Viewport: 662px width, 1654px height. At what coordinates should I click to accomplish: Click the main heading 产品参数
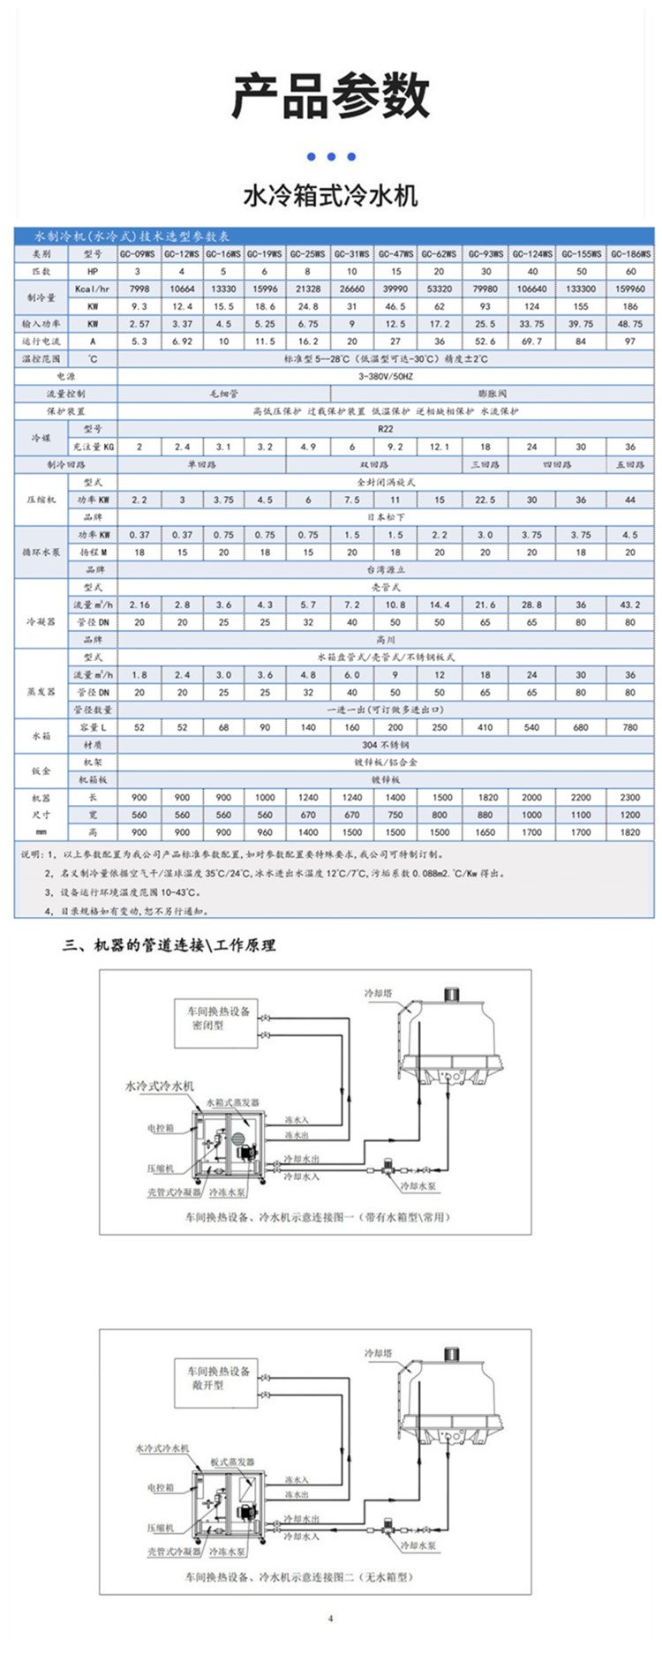tap(330, 97)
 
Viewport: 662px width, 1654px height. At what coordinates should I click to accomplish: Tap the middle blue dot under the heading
tap(331, 157)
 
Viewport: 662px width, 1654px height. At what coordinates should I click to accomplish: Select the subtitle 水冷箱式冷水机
tap(330, 195)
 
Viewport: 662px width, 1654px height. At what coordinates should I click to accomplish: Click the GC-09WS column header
tap(139, 253)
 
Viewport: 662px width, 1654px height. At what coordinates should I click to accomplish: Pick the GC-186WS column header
tap(630, 253)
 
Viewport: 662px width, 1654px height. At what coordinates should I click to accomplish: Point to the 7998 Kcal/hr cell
tap(139, 289)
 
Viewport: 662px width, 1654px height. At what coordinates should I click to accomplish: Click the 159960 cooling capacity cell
tap(630, 289)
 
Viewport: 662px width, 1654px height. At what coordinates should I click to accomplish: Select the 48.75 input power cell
tap(630, 324)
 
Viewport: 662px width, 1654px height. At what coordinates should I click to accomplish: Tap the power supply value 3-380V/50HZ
tap(386, 376)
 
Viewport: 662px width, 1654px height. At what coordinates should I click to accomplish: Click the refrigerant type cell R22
tap(386, 429)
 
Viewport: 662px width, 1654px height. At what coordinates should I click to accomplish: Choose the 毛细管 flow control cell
tap(223, 394)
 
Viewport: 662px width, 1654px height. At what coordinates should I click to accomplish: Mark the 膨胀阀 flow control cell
tap(517, 394)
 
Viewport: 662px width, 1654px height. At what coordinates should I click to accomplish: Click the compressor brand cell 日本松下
tap(386, 517)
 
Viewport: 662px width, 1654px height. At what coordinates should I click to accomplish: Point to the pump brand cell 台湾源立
tap(386, 570)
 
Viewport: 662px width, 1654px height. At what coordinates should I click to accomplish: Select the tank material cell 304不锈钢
tap(386, 745)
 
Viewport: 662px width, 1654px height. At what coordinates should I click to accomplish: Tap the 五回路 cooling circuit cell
tap(630, 464)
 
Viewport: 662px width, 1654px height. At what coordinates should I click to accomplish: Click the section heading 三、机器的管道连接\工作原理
tap(169, 945)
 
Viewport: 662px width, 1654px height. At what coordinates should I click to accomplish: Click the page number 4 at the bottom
tap(331, 1619)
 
